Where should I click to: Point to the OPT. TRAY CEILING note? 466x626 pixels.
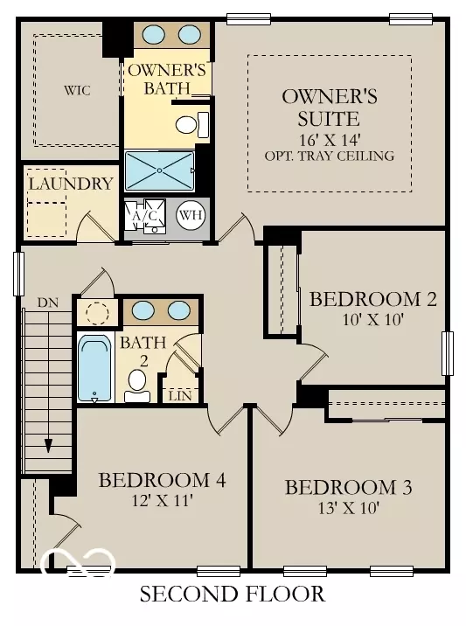[x=330, y=156]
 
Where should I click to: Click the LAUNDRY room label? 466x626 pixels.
[x=70, y=184]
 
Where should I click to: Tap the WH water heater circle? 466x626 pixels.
[x=190, y=214]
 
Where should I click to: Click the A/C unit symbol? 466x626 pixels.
[x=143, y=216]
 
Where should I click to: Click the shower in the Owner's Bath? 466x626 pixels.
[x=159, y=170]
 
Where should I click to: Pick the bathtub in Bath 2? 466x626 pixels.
[x=94, y=368]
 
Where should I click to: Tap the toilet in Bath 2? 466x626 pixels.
[x=137, y=384]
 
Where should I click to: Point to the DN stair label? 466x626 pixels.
[x=47, y=303]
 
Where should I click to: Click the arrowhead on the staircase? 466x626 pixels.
[x=48, y=443]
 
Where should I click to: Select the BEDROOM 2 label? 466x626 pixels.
[x=372, y=299]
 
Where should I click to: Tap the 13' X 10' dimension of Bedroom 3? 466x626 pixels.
[x=348, y=508]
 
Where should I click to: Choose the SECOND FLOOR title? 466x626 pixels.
[x=233, y=595]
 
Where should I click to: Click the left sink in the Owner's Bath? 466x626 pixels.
[x=155, y=34]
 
